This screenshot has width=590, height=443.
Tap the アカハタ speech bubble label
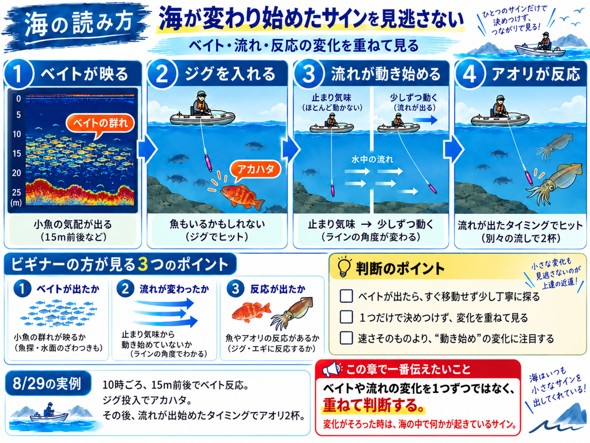(256, 170)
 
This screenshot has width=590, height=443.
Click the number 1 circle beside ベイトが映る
(18, 74)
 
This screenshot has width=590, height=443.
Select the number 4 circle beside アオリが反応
(469, 74)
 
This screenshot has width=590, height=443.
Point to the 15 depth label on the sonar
(17, 153)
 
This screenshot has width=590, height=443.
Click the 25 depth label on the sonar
(17, 193)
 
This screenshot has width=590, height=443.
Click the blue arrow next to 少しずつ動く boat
(425, 120)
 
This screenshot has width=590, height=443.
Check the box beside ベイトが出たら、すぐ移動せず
(346, 296)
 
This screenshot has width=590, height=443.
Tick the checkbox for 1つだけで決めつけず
(346, 317)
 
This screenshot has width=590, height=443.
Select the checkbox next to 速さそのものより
(346, 338)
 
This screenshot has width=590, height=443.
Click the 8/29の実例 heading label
(47, 384)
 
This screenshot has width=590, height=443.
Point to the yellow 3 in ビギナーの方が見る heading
(143, 264)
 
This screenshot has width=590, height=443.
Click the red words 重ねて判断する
(373, 405)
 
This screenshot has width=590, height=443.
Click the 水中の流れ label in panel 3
(372, 159)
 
